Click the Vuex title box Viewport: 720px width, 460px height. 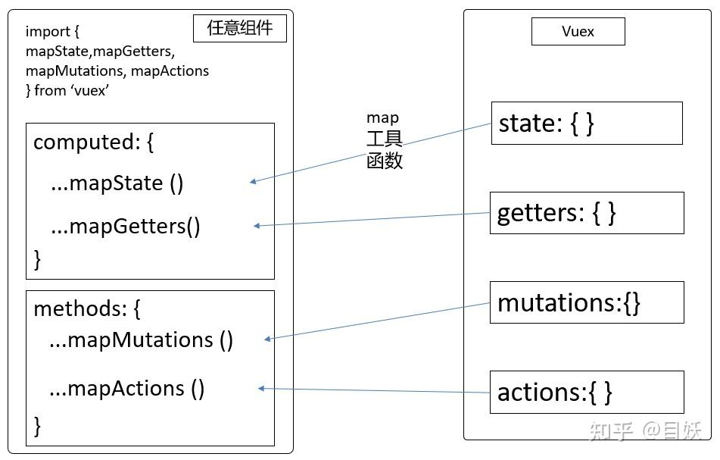point(578,32)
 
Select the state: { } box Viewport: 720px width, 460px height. point(587,123)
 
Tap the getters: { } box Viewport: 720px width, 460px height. point(587,213)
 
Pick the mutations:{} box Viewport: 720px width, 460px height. point(587,302)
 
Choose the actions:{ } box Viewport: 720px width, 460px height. point(587,392)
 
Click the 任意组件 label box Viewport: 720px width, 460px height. point(240,29)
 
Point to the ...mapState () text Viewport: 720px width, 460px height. point(117,183)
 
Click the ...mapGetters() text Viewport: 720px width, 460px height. point(126,226)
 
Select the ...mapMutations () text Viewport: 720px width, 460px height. point(141,340)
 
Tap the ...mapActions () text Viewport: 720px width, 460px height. point(126,389)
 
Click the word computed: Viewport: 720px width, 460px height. point(83,142)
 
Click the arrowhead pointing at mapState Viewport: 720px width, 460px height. point(253,182)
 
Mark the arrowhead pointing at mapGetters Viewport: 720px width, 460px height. point(257,225)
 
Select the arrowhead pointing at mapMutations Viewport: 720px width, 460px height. point(268,339)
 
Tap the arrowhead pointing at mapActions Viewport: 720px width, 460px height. point(261,389)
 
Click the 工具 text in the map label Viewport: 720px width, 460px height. point(384,139)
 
